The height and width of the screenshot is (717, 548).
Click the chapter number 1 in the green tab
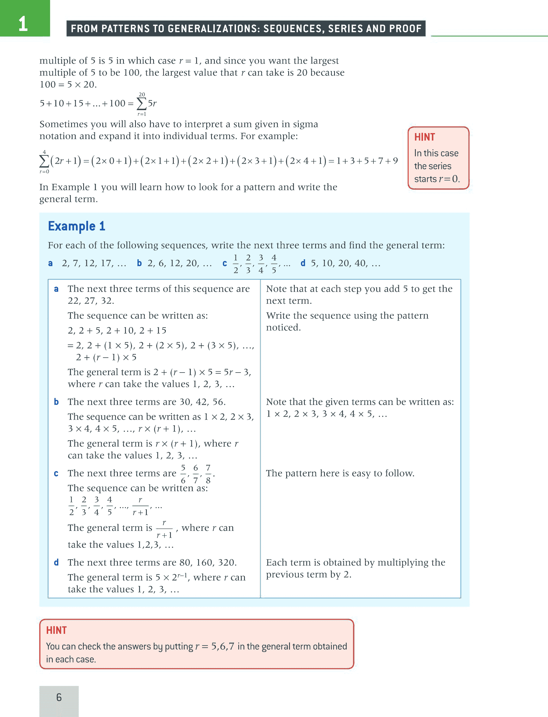pyautogui.click(x=23, y=24)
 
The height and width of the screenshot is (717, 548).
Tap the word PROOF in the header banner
pyautogui.click(x=407, y=29)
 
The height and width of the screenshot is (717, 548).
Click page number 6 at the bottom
pyautogui.click(x=59, y=697)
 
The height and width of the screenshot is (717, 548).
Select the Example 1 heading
pyautogui.click(x=77, y=226)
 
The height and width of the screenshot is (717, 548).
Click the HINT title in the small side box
pyautogui.click(x=424, y=137)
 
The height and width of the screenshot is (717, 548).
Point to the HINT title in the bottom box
pyautogui.click(x=56, y=630)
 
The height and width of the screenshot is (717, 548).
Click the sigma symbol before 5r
pyautogui.click(x=142, y=104)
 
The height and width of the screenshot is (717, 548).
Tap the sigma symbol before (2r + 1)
pyautogui.click(x=44, y=161)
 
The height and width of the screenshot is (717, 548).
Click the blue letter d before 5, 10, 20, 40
pyautogui.click(x=303, y=263)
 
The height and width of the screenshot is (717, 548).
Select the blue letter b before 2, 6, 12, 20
pyautogui.click(x=139, y=263)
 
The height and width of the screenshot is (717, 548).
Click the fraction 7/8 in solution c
pyautogui.click(x=208, y=474)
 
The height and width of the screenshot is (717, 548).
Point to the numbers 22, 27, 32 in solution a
pyautogui.click(x=91, y=301)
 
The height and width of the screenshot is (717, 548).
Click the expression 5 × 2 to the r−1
pyautogui.click(x=171, y=577)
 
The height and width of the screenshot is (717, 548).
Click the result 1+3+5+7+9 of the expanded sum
pyautogui.click(x=367, y=161)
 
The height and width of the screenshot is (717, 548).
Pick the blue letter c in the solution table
pyautogui.click(x=56, y=473)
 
